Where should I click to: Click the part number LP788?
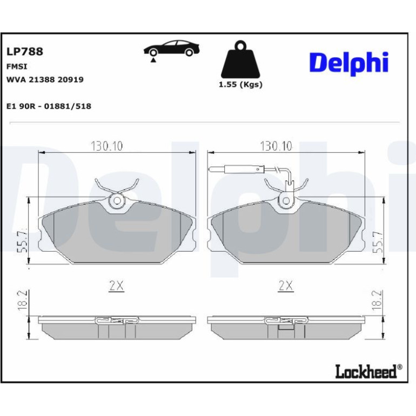point(25,51)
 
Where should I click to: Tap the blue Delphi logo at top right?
point(348,63)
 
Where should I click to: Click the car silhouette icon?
point(172,48)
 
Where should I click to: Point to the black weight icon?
point(240,59)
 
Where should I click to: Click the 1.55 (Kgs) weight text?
point(240,85)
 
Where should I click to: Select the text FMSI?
point(17,66)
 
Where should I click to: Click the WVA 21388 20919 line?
point(45,79)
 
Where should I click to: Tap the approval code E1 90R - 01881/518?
point(49,106)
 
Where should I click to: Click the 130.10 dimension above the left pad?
point(106,146)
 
